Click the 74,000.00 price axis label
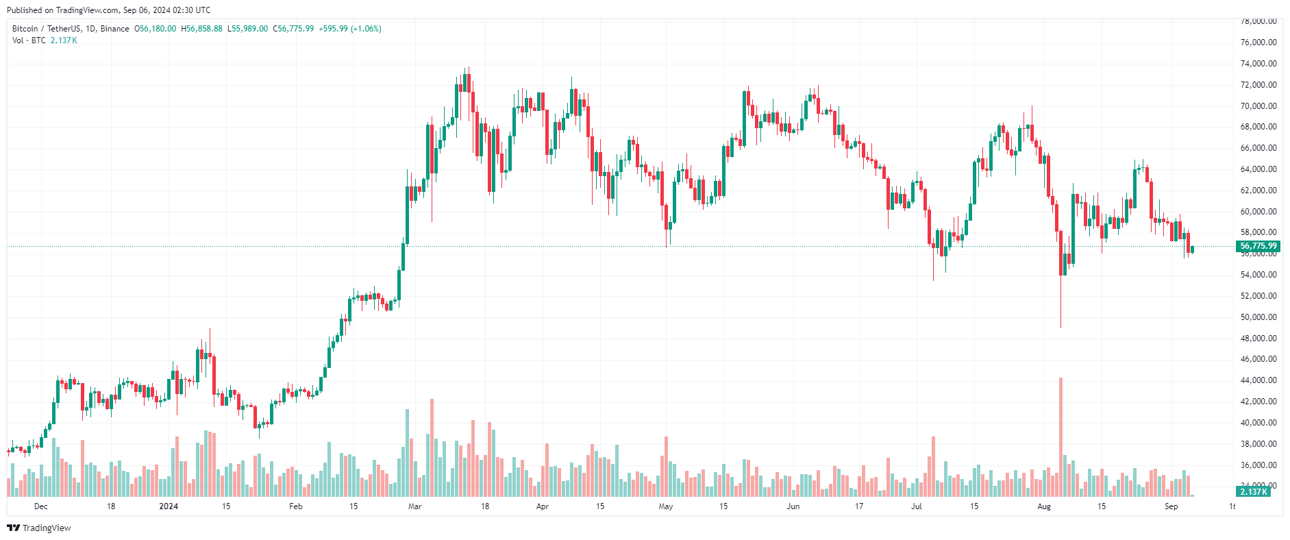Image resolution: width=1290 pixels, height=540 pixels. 1258,64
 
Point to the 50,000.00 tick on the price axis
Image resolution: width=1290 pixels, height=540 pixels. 1258,317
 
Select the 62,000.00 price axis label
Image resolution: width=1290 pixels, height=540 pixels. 1258,191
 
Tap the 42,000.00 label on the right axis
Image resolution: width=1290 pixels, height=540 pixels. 1258,402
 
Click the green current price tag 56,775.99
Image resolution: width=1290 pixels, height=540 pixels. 1258,246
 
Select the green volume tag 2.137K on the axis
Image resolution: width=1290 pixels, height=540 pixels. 1254,491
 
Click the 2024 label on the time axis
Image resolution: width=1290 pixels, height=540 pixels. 169,506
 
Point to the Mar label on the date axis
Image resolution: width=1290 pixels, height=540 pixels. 414,506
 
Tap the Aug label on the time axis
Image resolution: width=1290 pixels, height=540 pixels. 1044,506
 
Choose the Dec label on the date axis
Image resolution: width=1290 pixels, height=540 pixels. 41,506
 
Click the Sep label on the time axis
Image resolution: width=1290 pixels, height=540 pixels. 1171,506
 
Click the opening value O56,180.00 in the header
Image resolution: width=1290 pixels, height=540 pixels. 156,29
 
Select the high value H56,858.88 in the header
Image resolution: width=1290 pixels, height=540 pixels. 202,29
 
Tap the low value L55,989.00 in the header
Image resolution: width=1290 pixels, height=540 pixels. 248,29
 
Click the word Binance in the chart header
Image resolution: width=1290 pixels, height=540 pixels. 115,29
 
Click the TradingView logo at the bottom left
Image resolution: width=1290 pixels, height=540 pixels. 39,528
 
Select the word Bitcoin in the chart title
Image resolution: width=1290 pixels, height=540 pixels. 25,29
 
